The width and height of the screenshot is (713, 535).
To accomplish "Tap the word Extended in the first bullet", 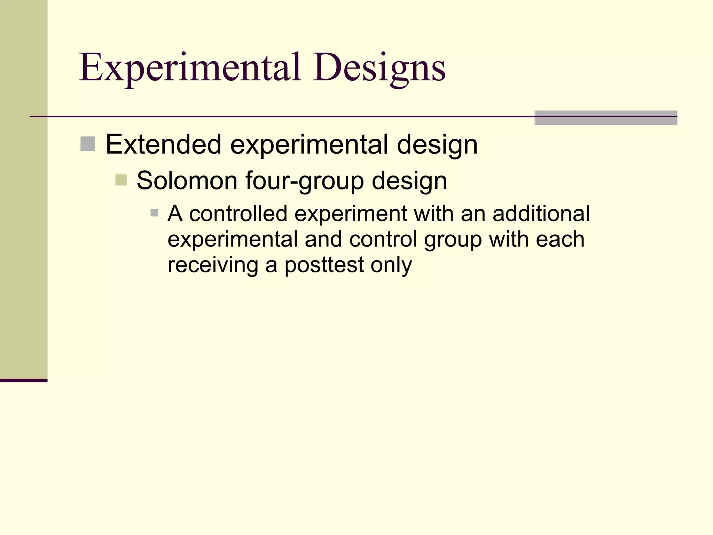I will [163, 144].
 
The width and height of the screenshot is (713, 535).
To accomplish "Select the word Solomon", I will [187, 180].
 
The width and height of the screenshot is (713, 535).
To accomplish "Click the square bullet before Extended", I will [88, 144].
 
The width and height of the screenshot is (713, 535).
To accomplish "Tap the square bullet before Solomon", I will [121, 180].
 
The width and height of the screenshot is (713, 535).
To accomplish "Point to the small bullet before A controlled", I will [154, 213].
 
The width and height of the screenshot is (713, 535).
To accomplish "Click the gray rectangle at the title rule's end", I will [606, 118].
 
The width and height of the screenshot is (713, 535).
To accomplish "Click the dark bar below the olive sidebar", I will [24, 380].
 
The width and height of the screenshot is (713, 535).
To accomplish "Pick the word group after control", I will [453, 239].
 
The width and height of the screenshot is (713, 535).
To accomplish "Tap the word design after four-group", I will [409, 180].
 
